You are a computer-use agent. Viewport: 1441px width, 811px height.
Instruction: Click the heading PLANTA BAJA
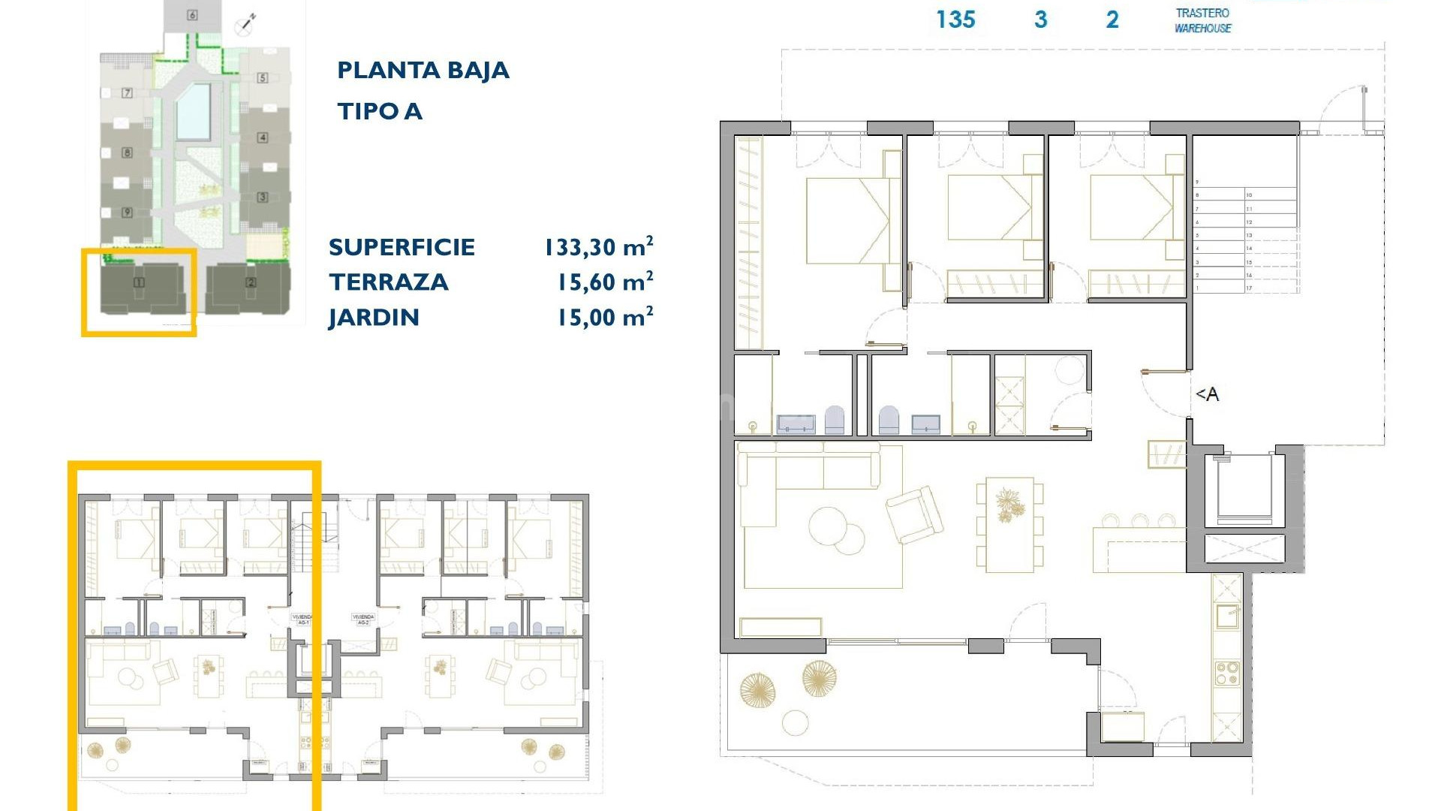click(x=423, y=71)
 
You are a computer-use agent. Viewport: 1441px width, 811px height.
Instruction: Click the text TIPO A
click(x=380, y=112)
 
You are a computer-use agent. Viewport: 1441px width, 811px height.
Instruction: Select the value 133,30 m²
click(x=598, y=247)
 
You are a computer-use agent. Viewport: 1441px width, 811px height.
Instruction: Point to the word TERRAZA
click(x=388, y=282)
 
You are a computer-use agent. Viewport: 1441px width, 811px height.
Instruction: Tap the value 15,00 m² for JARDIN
click(x=604, y=318)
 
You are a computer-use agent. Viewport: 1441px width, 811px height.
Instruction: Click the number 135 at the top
click(x=955, y=20)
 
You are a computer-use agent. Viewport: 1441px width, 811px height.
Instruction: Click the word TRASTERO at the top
click(x=1202, y=13)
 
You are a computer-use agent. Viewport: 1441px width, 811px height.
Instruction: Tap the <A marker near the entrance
click(x=1207, y=394)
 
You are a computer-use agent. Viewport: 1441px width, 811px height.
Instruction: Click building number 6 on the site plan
click(x=192, y=15)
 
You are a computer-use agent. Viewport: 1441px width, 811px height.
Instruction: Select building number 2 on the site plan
click(x=251, y=283)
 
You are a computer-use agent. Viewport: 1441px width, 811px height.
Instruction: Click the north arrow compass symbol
click(x=245, y=24)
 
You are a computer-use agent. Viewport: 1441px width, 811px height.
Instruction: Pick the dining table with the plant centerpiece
click(x=1009, y=523)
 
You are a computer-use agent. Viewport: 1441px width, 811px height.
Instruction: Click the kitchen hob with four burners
click(x=1227, y=673)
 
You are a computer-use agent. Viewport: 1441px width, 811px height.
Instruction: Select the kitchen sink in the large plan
click(x=1228, y=616)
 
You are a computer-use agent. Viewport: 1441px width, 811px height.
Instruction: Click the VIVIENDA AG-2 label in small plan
click(x=363, y=620)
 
